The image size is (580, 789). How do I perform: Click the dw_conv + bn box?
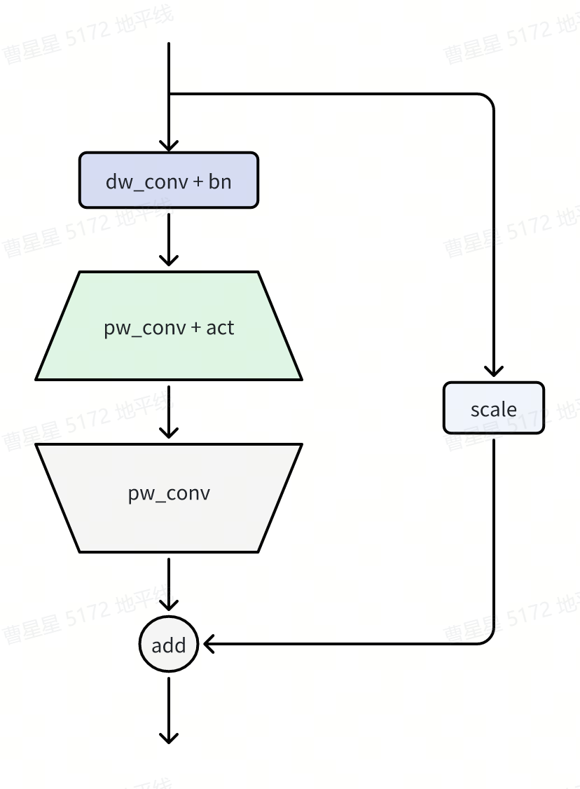coord(169,181)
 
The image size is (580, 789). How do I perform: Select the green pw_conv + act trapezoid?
coord(169,327)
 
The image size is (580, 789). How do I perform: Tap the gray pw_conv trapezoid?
coord(169,498)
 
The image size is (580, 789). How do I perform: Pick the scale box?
coord(494,408)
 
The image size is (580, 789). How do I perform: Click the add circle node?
coord(169,645)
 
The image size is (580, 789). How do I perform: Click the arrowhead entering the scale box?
coord(494,371)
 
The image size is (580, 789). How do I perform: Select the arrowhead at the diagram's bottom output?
coord(169,737)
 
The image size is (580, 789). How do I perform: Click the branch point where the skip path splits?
coord(169,94)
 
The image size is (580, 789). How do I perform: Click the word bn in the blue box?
coord(220,181)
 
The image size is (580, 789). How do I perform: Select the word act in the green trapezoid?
coord(220,327)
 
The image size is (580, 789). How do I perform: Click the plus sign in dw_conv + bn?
coord(198,182)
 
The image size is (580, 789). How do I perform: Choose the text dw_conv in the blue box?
coord(147,182)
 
